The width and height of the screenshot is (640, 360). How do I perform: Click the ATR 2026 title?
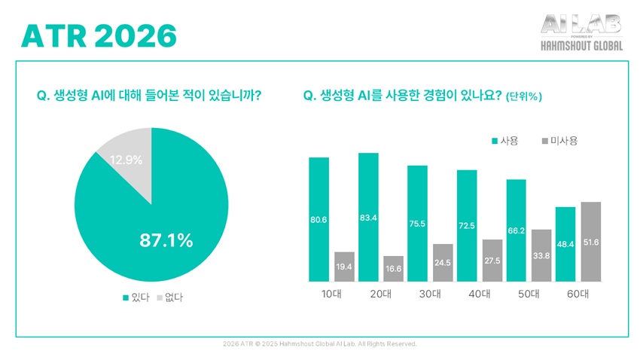[x=99, y=35]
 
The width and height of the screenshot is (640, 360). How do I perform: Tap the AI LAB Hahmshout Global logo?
[x=582, y=33]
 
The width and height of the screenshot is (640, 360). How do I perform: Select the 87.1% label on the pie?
[x=166, y=241]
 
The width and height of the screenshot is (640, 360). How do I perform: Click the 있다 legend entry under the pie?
[x=132, y=297]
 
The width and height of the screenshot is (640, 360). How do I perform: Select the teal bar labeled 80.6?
[x=318, y=218]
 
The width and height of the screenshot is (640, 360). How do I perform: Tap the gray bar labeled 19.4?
[x=344, y=266]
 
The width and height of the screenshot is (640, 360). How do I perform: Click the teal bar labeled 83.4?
[x=368, y=216]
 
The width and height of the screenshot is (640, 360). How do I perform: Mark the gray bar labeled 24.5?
[x=443, y=262]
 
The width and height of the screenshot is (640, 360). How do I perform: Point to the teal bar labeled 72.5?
[x=467, y=224]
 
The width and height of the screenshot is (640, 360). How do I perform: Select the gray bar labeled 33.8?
[x=541, y=255]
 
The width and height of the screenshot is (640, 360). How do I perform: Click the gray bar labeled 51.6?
[x=590, y=241]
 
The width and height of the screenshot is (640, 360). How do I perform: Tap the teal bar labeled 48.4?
[x=565, y=243]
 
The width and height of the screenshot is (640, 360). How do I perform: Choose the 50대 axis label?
[x=529, y=294]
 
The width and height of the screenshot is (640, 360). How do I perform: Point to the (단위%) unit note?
[x=525, y=96]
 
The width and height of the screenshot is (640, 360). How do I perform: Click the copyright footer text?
[x=320, y=343]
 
